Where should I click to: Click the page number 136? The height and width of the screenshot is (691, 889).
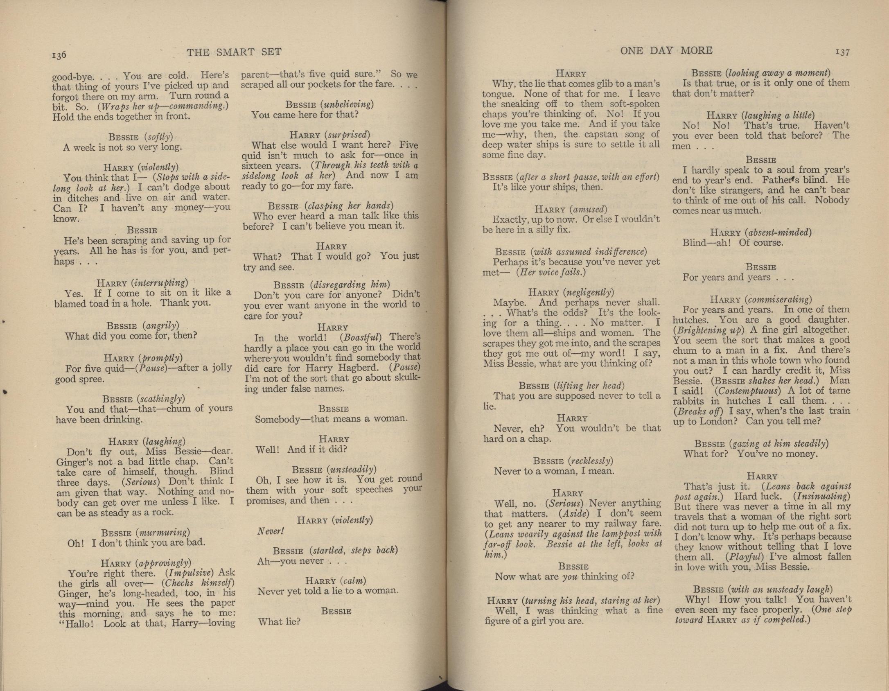59,55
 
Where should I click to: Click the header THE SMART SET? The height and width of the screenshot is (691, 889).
234,52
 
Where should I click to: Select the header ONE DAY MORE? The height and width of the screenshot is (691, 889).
666,50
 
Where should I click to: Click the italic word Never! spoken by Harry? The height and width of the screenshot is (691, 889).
270,531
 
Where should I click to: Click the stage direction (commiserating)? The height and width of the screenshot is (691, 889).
778,299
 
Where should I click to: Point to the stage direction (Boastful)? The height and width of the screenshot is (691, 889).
360,338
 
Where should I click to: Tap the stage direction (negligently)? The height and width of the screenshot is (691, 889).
588,292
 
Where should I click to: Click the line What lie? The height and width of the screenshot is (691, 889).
279,622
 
